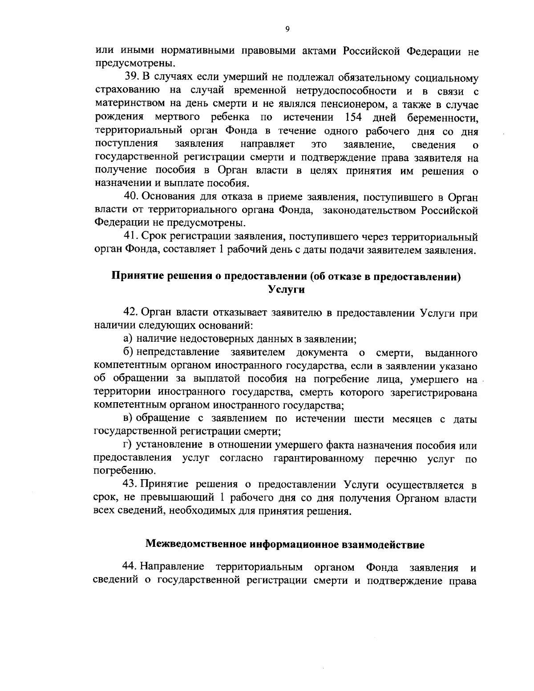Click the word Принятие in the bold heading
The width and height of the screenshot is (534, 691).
pyautogui.click(x=137, y=276)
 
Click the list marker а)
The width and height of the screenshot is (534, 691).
pyautogui.click(x=128, y=339)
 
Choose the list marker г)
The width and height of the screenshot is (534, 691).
pyautogui.click(x=127, y=445)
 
